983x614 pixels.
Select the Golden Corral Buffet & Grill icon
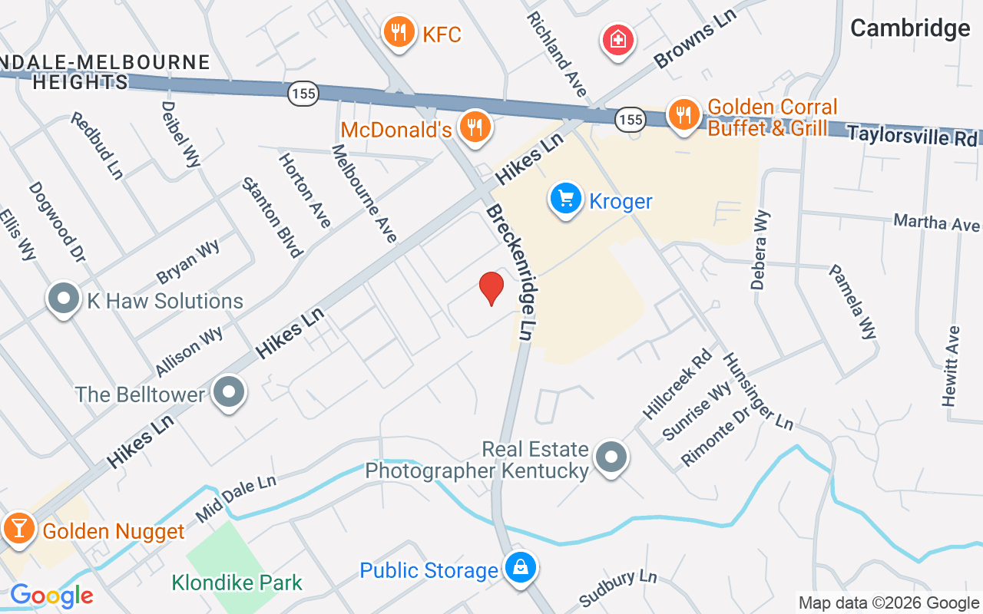[681, 115]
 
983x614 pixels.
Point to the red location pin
[491, 288]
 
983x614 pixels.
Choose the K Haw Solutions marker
[64, 299]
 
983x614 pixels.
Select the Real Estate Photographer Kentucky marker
[611, 457]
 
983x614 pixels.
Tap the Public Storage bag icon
[521, 569]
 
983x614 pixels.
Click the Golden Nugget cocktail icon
[16, 529]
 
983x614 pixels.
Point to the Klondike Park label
[237, 583]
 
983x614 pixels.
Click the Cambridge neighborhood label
[910, 28]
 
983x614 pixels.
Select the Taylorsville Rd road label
[912, 135]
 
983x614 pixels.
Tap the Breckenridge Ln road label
[510, 272]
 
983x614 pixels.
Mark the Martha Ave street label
[936, 223]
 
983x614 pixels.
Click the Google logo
[51, 596]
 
